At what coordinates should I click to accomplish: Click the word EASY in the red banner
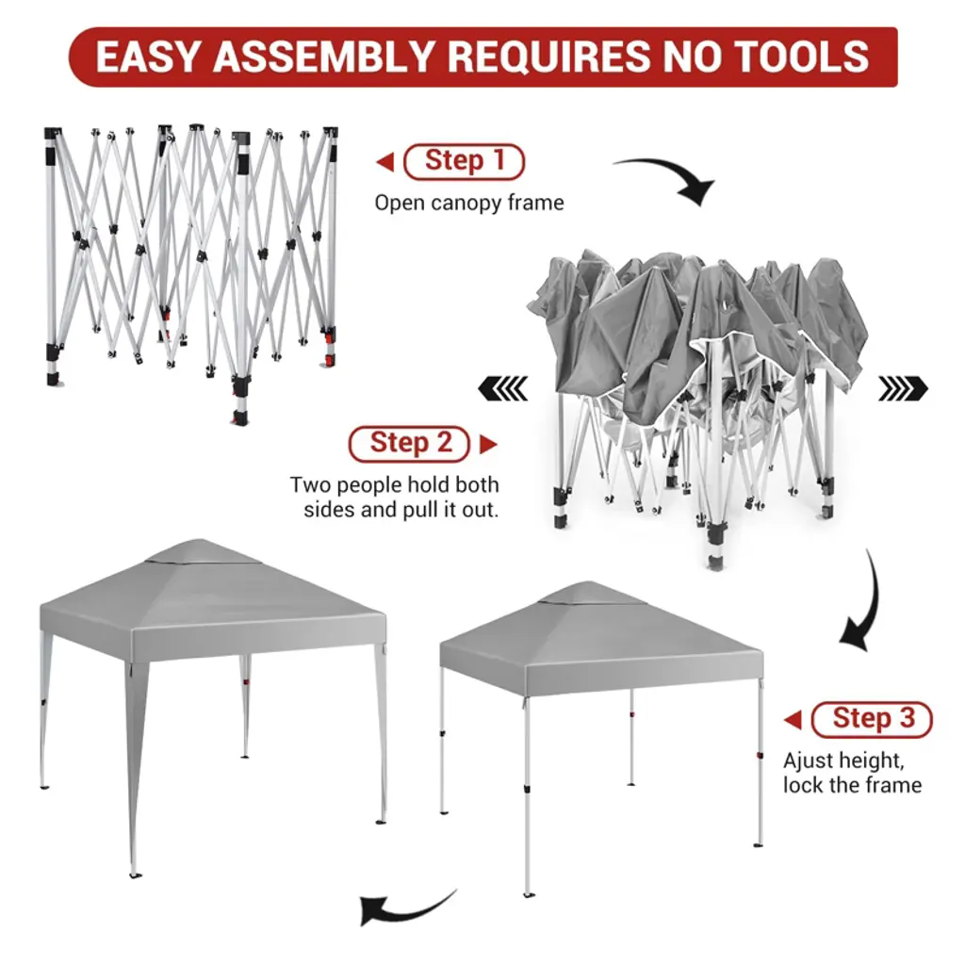[x=147, y=57]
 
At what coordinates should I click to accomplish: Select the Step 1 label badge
[x=464, y=161]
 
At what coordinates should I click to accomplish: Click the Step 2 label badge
[x=410, y=444]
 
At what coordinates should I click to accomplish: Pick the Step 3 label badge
[x=872, y=719]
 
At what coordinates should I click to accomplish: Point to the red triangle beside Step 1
[x=385, y=162]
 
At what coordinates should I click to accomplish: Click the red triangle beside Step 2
[x=488, y=444]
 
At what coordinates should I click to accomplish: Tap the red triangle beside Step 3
[x=793, y=719]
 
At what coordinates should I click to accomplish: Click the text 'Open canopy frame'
[x=469, y=204]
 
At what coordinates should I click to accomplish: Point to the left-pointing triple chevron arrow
[x=503, y=388]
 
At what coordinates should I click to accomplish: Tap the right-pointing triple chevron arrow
[x=903, y=388]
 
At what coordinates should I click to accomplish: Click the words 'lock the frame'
[x=852, y=785]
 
